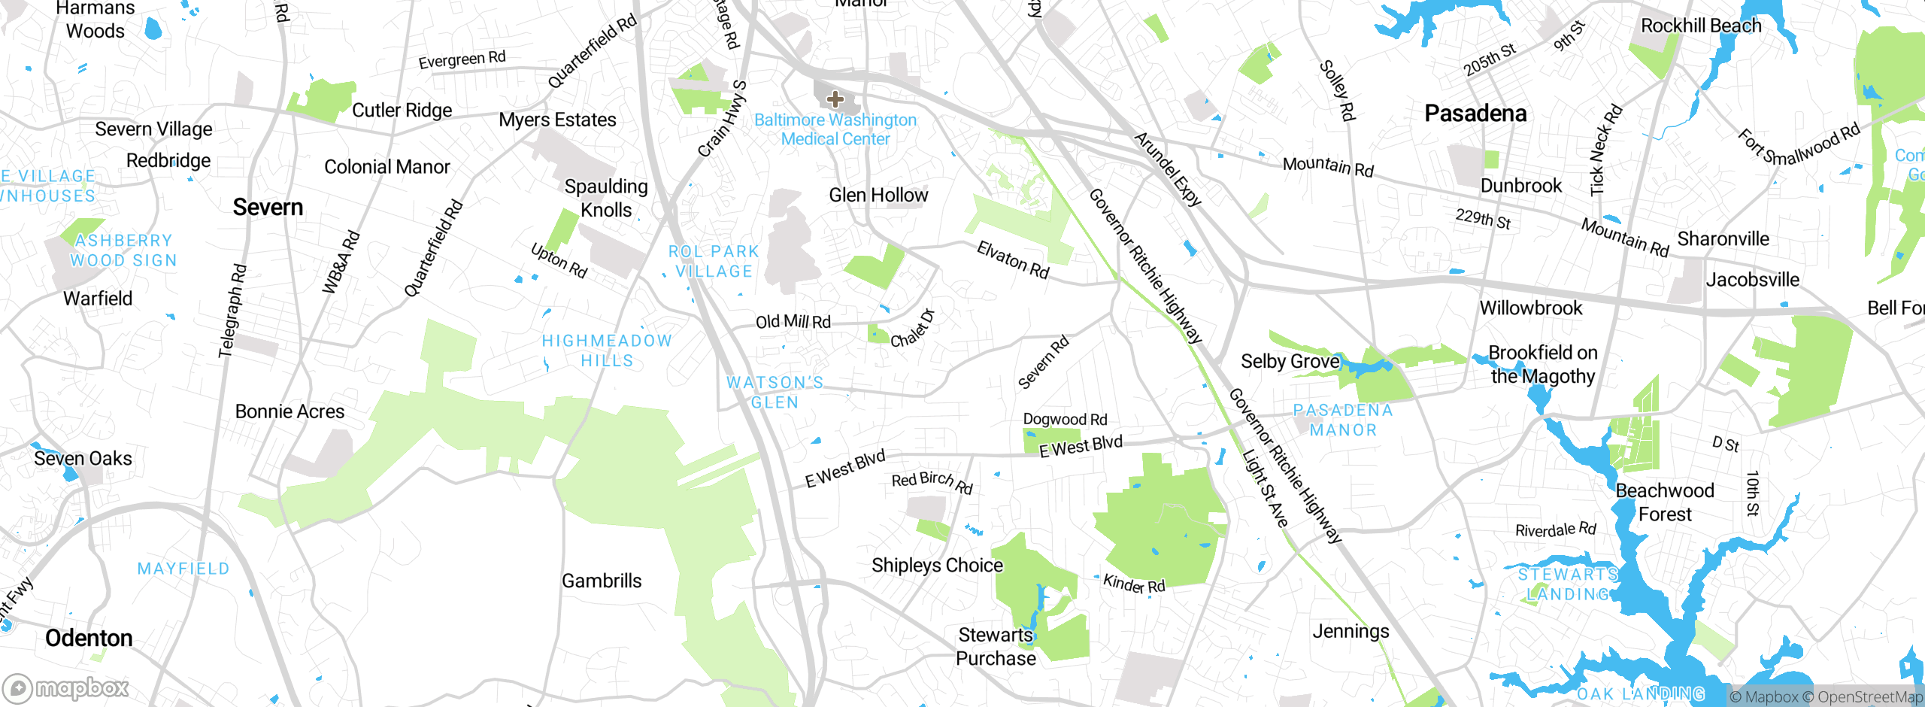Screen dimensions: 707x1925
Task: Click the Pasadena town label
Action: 1475,114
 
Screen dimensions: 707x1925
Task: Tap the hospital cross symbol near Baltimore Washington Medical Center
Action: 835,99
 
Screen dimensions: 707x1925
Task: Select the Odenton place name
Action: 89,639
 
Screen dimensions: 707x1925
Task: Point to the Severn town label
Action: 268,208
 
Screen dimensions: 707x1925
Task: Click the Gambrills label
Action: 602,581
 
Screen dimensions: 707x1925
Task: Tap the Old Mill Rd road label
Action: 793,322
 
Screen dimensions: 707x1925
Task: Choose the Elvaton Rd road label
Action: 1012,260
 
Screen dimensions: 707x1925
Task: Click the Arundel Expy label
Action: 1167,169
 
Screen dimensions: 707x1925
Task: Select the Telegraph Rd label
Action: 232,310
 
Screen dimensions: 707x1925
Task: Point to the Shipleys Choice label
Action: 937,566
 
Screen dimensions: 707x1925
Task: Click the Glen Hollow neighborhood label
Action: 878,196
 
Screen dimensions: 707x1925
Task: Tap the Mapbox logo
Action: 66,688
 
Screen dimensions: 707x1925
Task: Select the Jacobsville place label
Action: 1752,280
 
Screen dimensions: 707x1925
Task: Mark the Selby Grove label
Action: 1290,362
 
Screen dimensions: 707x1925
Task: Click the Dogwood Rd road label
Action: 1065,419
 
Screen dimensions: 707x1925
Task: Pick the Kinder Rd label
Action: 1134,584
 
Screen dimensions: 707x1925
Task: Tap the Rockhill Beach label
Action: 1701,26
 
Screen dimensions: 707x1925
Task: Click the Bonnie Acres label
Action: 290,411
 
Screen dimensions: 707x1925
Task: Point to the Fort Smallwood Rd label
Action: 1799,145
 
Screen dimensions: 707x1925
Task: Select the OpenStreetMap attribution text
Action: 1869,697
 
